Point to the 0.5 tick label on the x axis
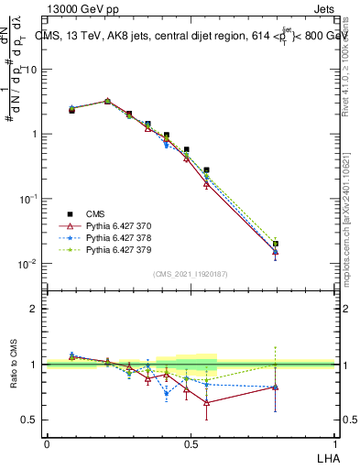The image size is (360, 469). coord(191,443)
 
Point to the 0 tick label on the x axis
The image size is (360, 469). coord(47,443)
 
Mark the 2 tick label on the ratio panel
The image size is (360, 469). coord(33,309)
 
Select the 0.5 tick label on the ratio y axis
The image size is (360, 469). coord(29,420)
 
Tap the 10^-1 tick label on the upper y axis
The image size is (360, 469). coord(27,199)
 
